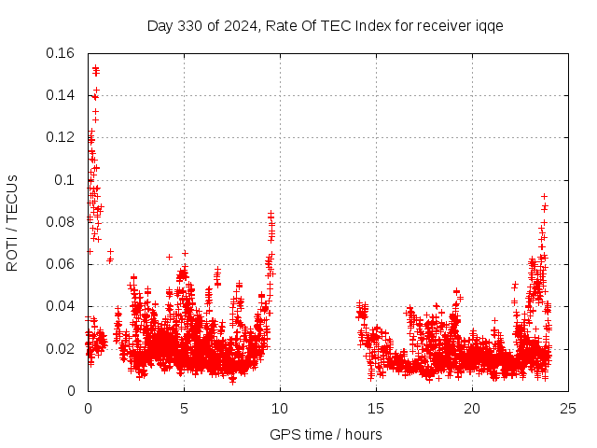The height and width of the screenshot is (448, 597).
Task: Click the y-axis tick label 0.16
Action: coord(62,53)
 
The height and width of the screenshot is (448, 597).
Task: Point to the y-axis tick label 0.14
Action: coord(62,95)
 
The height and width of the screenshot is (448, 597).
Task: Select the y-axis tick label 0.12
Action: coord(62,137)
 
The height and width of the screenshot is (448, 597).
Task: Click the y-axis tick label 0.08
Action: coord(62,222)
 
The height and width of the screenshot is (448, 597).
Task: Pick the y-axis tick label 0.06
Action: coord(62,264)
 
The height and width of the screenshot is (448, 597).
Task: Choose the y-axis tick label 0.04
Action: coord(62,306)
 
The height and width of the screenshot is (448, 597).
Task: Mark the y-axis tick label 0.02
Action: coord(62,349)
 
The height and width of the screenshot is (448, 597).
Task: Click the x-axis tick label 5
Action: coord(184,408)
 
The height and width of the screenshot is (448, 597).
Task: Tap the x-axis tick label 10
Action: coord(280,408)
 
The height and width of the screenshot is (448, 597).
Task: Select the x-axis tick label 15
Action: coord(376,408)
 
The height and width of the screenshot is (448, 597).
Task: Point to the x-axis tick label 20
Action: coord(472,408)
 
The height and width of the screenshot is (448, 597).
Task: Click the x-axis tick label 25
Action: coord(568,408)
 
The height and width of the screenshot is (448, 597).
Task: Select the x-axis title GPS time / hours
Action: coord(326,434)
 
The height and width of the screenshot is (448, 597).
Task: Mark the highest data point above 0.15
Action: coord(95,67)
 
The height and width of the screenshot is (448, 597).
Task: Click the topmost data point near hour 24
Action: coord(544,196)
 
